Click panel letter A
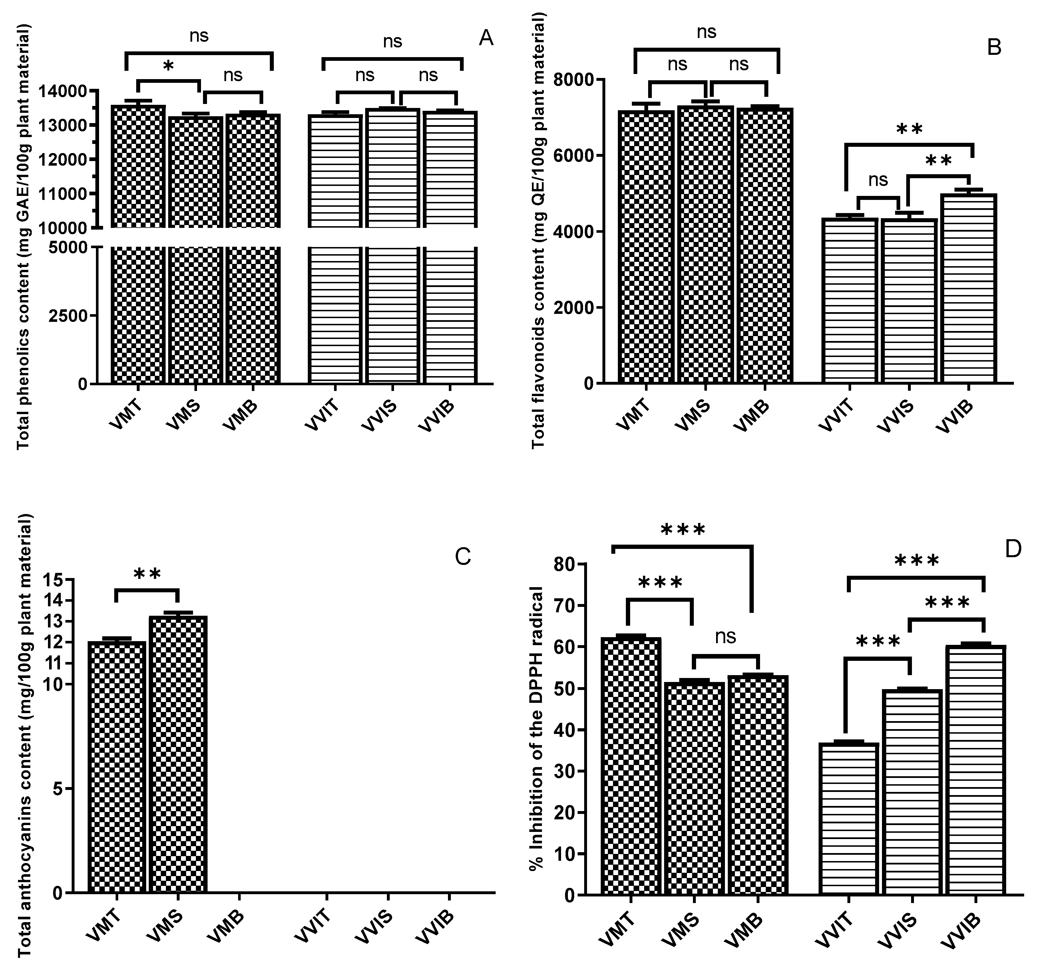[x=486, y=38]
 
